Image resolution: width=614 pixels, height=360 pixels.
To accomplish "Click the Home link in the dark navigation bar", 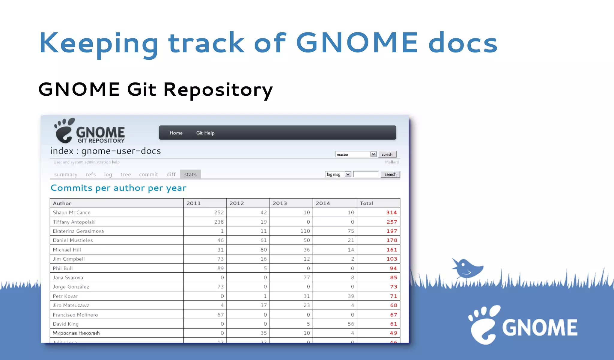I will pos(176,133).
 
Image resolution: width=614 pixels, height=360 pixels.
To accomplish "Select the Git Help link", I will pos(205,133).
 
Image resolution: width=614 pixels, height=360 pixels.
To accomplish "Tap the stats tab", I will pos(190,174).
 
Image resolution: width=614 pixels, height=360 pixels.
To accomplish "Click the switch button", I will pos(387,154).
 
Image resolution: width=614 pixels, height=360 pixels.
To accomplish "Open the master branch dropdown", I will pos(356,154).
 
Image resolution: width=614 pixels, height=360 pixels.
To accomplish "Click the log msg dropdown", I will pos(338,174).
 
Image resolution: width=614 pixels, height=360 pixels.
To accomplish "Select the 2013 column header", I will pos(280,203).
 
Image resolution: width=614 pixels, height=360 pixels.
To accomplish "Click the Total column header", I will pos(366,203).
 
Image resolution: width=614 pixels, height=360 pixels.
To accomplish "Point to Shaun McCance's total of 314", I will pos(391,212).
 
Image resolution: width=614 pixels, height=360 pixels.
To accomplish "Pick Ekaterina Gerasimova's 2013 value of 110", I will pos(305,231).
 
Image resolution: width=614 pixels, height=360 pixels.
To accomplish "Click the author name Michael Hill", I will pos(67,250).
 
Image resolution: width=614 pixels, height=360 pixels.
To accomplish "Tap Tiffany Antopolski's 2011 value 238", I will pos(219,222).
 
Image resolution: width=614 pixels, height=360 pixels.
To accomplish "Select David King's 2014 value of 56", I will pos(351,324).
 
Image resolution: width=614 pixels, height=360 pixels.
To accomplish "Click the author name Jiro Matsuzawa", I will pos(71,305).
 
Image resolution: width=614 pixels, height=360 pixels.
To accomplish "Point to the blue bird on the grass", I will pos(467,268).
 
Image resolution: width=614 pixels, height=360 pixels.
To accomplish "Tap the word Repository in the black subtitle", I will pos(218,89).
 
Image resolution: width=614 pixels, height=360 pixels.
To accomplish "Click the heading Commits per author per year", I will pos(118,188).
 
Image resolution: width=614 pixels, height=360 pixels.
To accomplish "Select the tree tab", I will pos(126,174).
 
